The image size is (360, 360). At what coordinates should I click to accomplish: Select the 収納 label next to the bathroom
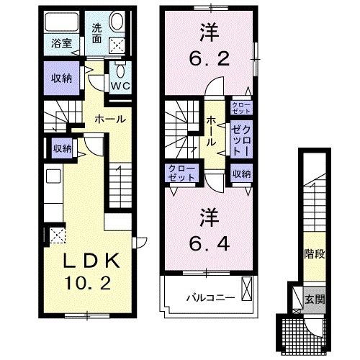point(62,78)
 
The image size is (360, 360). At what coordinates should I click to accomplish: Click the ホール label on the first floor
point(109,119)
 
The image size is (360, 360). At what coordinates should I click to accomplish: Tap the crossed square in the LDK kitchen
point(55,236)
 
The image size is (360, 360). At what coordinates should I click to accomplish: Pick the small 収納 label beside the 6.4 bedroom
point(240,174)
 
